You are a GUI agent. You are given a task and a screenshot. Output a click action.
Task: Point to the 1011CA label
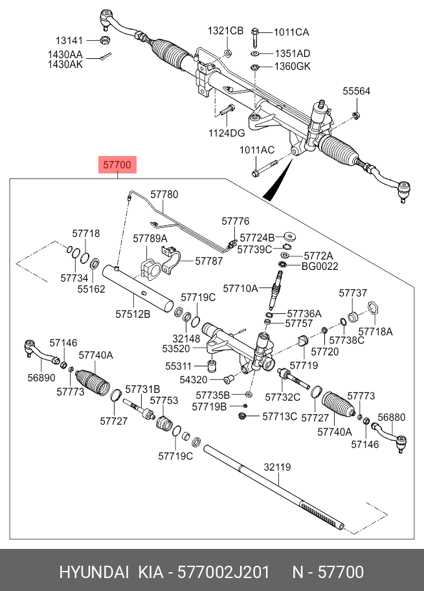tap(291, 32)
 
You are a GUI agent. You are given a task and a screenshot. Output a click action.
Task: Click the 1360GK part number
tap(293, 67)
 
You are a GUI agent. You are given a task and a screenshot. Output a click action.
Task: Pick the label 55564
tap(356, 91)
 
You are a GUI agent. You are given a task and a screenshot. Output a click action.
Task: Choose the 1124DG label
tap(226, 133)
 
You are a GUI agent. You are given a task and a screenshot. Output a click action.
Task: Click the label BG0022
tap(320, 266)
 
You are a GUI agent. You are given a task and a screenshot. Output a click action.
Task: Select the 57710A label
tap(240, 287)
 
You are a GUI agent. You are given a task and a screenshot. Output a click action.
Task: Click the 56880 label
tap(391, 418)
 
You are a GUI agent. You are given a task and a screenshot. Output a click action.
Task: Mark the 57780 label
tap(164, 194)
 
